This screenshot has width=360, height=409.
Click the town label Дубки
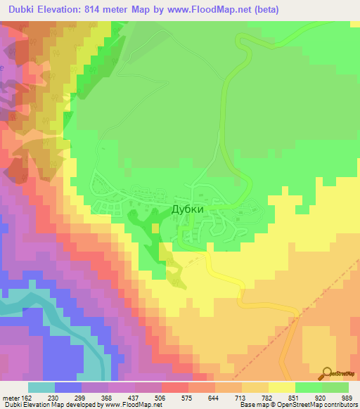point(188,209)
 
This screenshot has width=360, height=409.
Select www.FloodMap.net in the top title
point(205,9)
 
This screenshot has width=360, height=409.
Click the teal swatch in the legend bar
point(41,387)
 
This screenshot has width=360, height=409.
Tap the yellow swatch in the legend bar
point(281,387)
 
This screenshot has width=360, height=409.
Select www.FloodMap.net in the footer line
point(134,404)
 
